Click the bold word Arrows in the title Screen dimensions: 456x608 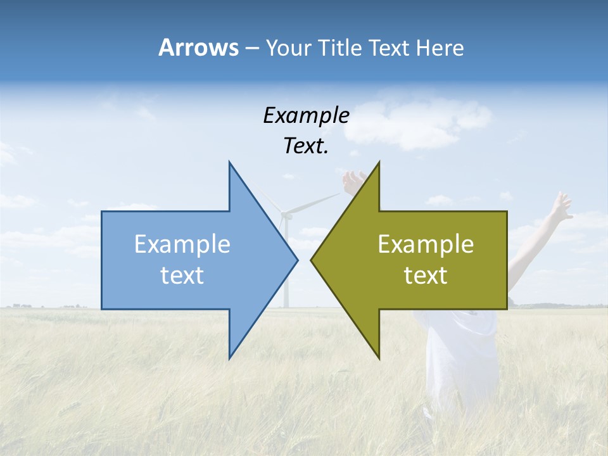pos(198,47)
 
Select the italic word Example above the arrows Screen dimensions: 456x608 pos(306,115)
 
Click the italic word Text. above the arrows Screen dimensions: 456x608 pos(306,146)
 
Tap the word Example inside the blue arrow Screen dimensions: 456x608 pos(182,244)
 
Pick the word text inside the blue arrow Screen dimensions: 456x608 pos(182,275)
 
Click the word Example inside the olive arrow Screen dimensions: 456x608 pos(426,244)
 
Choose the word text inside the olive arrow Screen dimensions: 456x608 pos(426,275)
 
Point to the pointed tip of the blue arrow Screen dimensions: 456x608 pos(297,260)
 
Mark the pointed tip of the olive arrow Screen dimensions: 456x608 pos(312,260)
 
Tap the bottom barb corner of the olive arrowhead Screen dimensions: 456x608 pos(379,358)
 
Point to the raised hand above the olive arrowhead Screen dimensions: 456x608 pos(353,182)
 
